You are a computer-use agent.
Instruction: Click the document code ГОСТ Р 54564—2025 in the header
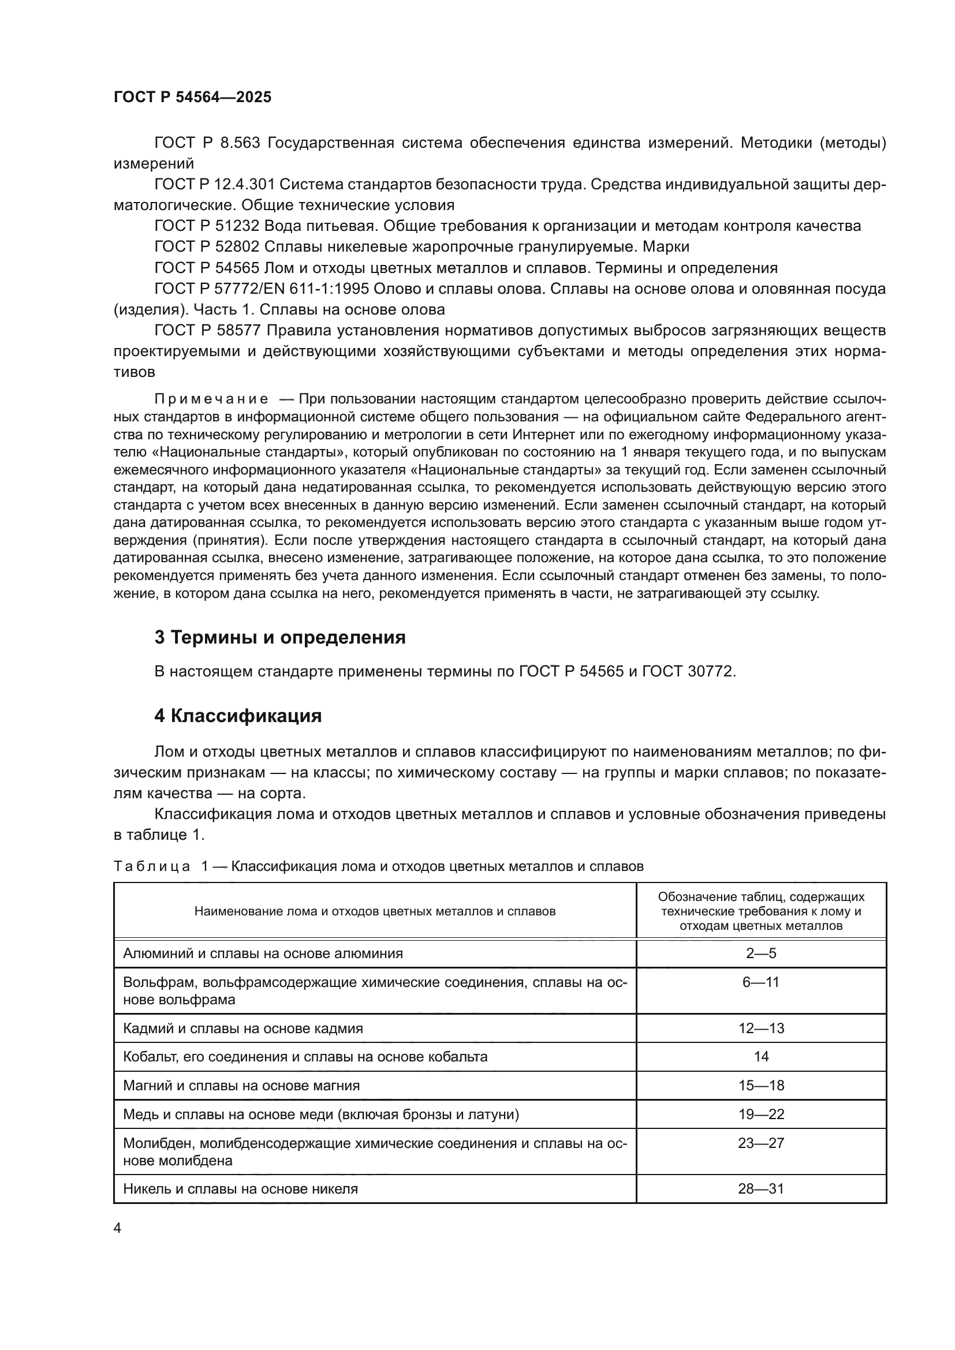click(192, 98)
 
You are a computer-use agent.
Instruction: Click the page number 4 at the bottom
click(117, 1228)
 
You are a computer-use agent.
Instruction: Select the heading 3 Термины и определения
click(280, 637)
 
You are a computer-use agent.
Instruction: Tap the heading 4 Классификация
click(237, 716)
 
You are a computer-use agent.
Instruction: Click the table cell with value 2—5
click(761, 953)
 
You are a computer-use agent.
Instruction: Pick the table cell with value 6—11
click(761, 982)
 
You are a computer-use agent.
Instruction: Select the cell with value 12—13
click(761, 1029)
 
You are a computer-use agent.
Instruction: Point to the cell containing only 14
click(761, 1057)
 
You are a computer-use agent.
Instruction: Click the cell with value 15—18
click(761, 1086)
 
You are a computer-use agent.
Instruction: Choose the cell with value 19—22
click(761, 1114)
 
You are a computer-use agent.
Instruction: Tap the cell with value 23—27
click(761, 1143)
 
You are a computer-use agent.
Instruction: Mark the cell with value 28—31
click(761, 1189)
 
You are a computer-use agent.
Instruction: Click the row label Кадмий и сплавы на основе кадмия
click(243, 1029)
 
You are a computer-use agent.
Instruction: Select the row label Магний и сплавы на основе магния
click(241, 1086)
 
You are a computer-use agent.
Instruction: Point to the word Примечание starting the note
click(211, 399)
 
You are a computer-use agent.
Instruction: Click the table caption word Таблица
click(152, 866)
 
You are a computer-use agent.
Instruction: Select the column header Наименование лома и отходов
click(375, 911)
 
